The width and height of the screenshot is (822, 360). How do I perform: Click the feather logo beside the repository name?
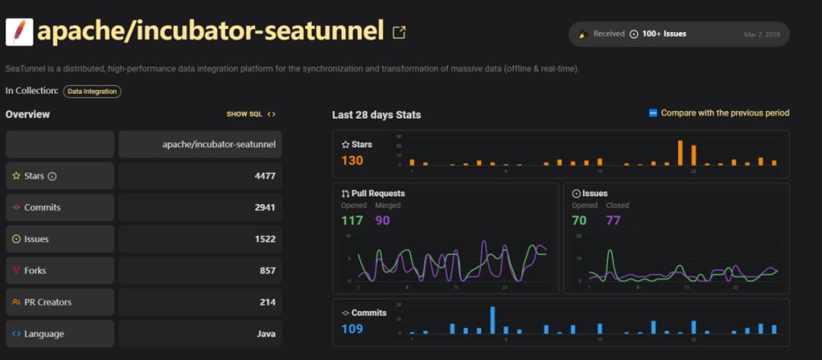pyautogui.click(x=18, y=31)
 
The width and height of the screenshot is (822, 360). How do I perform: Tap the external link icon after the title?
pyautogui.click(x=399, y=32)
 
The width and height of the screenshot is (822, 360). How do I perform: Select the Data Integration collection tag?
pyautogui.click(x=92, y=91)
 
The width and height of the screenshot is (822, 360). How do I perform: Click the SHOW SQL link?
pyautogui.click(x=250, y=114)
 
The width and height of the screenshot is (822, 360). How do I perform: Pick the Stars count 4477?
pyautogui.click(x=264, y=176)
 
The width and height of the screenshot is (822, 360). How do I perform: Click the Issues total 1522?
pyautogui.click(x=264, y=239)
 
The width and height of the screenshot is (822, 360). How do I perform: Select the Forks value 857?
pyautogui.click(x=267, y=271)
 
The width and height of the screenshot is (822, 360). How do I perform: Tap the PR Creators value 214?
pyautogui.click(x=267, y=302)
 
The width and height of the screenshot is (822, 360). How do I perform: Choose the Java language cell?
pyautogui.click(x=265, y=334)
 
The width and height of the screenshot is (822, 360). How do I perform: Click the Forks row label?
pyautogui.click(x=35, y=271)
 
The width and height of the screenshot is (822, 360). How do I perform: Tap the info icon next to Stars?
pyautogui.click(x=53, y=177)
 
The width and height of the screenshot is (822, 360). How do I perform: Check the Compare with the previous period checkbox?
pyautogui.click(x=652, y=113)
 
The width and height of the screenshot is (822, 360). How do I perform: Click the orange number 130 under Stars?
pyautogui.click(x=352, y=160)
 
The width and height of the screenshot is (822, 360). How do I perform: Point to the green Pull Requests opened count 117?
pyautogui.click(x=352, y=221)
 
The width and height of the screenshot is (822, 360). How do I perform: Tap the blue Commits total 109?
pyautogui.click(x=352, y=328)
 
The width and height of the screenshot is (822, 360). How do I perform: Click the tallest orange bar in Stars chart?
pyautogui.click(x=680, y=153)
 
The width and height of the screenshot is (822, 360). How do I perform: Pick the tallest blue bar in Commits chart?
pyautogui.click(x=492, y=320)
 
